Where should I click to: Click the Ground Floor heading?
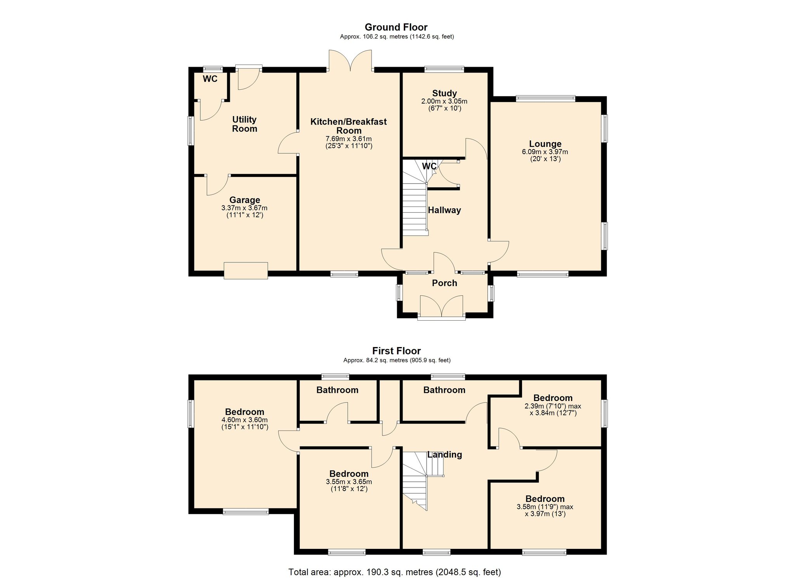coord(396,27)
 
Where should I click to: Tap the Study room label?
coord(444,93)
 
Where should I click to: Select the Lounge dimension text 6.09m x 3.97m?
coord(545,152)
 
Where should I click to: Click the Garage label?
coord(245,200)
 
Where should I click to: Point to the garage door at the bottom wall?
coord(246,271)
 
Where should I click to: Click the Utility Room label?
coord(245,124)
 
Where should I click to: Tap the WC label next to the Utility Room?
coord(210,79)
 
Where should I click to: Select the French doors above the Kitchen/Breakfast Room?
coord(350,61)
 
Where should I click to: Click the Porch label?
coord(444,283)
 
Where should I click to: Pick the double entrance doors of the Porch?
coord(441,307)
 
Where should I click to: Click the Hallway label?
coord(444,210)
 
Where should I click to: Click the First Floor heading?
coord(396,351)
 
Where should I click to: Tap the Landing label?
coord(444,455)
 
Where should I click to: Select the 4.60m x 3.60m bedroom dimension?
coord(245,420)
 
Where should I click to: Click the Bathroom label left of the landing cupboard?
coord(337,390)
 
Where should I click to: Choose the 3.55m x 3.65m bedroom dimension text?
coord(349,482)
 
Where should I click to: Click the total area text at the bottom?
coord(394,572)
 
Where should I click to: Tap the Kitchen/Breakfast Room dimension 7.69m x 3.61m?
coord(348,139)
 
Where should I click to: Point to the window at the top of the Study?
coord(444,69)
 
